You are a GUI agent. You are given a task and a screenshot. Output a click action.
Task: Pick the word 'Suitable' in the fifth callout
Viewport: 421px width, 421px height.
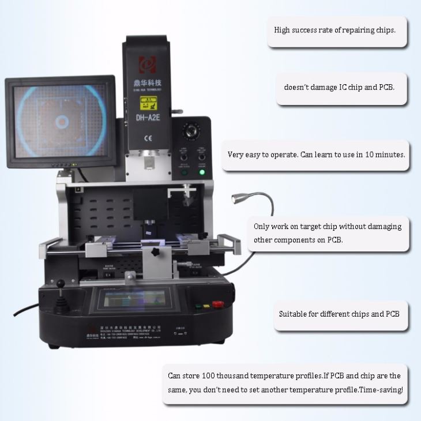point(292,314)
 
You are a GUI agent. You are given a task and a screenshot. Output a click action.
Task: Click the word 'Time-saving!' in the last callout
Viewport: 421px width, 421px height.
point(381,390)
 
